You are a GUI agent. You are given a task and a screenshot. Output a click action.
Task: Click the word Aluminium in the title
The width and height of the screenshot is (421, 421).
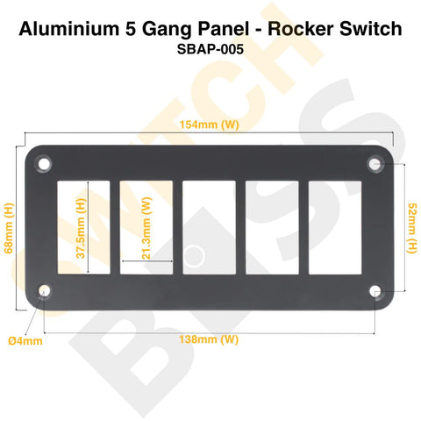(x=69, y=29)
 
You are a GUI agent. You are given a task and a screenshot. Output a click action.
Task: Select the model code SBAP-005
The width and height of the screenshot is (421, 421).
(x=210, y=49)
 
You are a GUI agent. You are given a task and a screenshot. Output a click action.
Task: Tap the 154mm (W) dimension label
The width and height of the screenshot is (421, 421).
(x=210, y=125)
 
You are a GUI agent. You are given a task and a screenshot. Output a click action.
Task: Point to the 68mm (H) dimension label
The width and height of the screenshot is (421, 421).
(x=9, y=228)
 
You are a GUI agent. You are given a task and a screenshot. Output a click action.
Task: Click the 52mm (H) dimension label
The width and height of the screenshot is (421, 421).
(x=411, y=228)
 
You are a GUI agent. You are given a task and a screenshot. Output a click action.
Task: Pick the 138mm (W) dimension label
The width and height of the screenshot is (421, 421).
(x=209, y=339)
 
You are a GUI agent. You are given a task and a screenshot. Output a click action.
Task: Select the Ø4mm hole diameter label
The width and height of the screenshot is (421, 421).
(x=25, y=341)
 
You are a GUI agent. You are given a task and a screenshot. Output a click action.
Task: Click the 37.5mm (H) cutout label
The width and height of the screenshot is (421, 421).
(x=81, y=228)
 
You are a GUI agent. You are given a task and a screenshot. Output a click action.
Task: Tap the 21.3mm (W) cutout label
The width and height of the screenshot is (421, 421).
(x=146, y=228)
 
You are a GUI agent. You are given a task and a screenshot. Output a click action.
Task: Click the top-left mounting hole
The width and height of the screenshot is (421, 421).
(x=44, y=164)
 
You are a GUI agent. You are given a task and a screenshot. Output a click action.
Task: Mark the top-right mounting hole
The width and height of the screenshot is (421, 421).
(x=375, y=164)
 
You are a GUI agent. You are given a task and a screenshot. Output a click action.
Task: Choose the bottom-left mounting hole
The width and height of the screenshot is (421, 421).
(x=44, y=291)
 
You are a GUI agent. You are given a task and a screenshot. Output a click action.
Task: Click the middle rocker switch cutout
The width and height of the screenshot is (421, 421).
(x=209, y=227)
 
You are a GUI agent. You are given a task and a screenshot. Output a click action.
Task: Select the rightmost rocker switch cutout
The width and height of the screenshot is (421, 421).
(x=335, y=227)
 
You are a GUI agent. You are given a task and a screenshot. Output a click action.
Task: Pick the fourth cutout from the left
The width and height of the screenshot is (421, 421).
(x=272, y=227)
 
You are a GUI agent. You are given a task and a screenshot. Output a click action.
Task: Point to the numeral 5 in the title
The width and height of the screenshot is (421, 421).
(x=131, y=29)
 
